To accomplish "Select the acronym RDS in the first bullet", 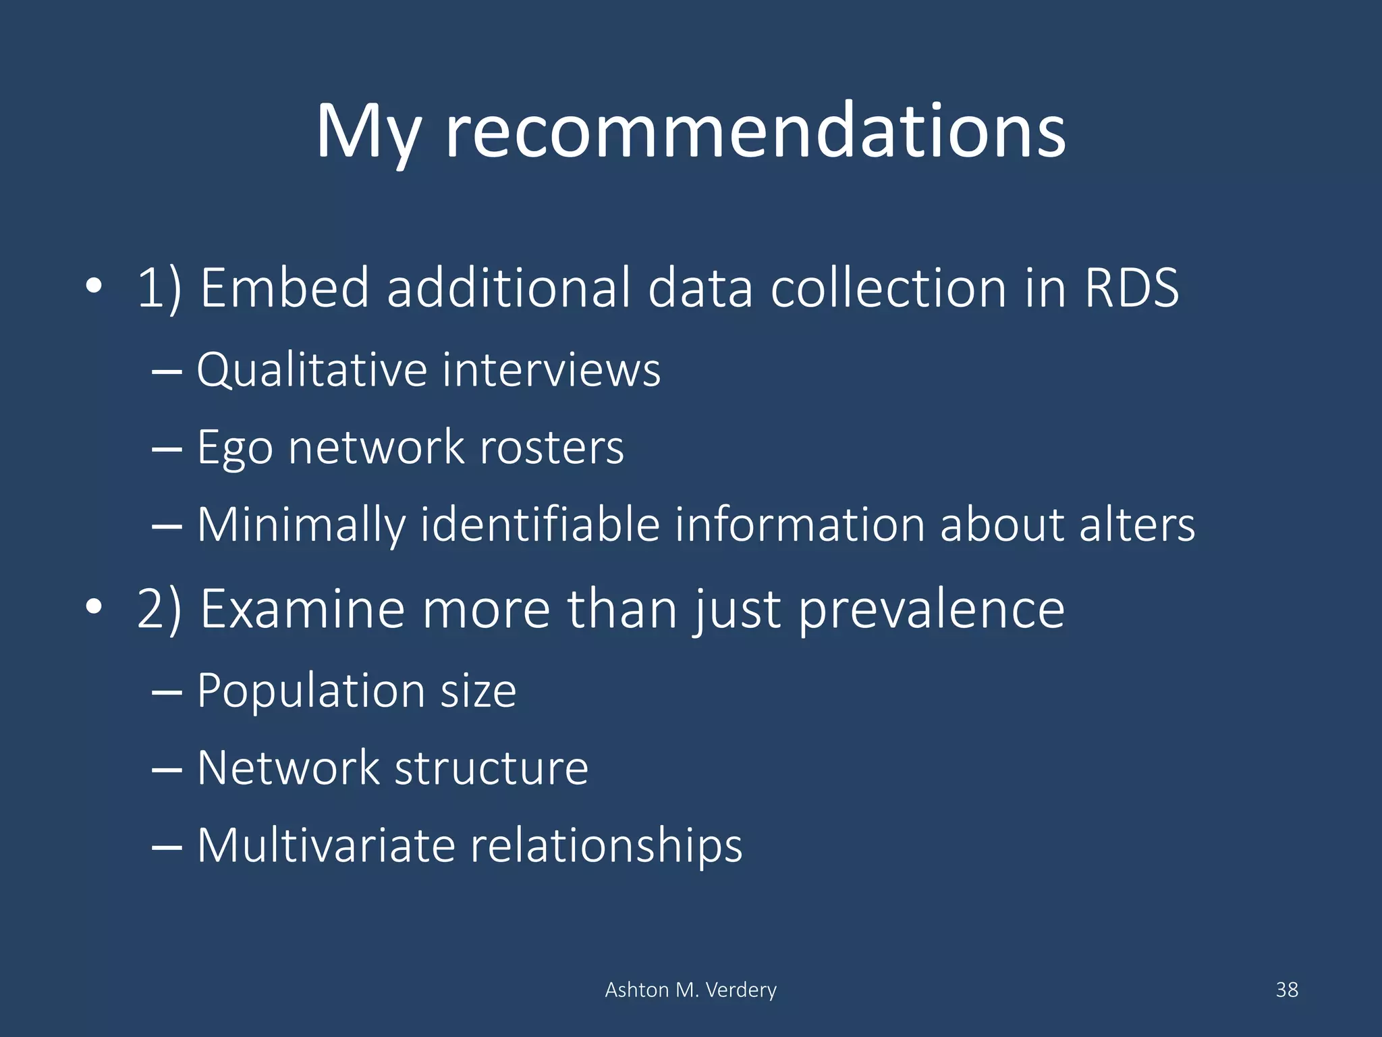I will tap(1132, 288).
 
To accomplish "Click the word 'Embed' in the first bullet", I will tap(285, 288).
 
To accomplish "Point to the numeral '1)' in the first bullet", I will tap(159, 288).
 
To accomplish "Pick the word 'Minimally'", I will tap(302, 525).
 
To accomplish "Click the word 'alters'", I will tap(1136, 525).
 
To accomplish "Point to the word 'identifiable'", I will tap(540, 525).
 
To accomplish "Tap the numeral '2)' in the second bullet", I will tap(159, 609).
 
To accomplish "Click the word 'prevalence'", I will tap(931, 609).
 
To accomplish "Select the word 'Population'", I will tap(310, 691).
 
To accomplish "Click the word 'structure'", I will tap(491, 768).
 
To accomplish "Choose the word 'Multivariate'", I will tap(326, 845).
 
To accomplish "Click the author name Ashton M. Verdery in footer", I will tap(690, 990).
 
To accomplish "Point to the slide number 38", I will tap(1286, 990).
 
